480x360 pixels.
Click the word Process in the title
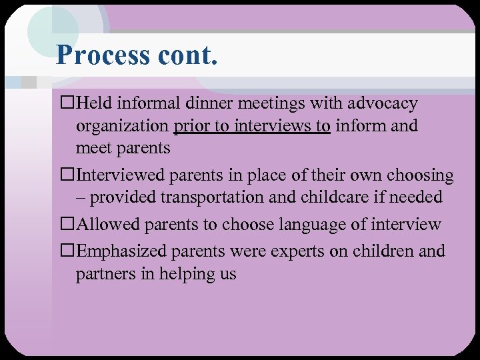[103, 55]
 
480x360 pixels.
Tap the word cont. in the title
[188, 55]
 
